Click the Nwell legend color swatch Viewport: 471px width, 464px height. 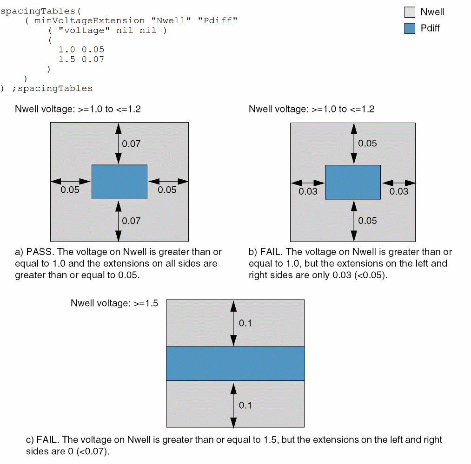[x=410, y=12]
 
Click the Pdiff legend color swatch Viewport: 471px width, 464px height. [x=410, y=28]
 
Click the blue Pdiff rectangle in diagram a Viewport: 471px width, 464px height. [x=119, y=182]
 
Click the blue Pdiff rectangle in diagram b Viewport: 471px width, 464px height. [x=353, y=182]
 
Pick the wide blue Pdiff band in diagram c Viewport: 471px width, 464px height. [x=235, y=363]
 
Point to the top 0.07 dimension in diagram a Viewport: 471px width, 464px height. [x=131, y=144]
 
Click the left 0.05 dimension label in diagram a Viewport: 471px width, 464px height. [x=70, y=190]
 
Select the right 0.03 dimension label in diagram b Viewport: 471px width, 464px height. [x=399, y=191]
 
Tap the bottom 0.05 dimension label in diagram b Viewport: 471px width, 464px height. [x=367, y=221]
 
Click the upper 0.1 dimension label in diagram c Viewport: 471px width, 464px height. [x=245, y=323]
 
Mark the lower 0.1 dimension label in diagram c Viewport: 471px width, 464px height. [x=245, y=405]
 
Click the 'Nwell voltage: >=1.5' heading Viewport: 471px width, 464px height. [x=114, y=303]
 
